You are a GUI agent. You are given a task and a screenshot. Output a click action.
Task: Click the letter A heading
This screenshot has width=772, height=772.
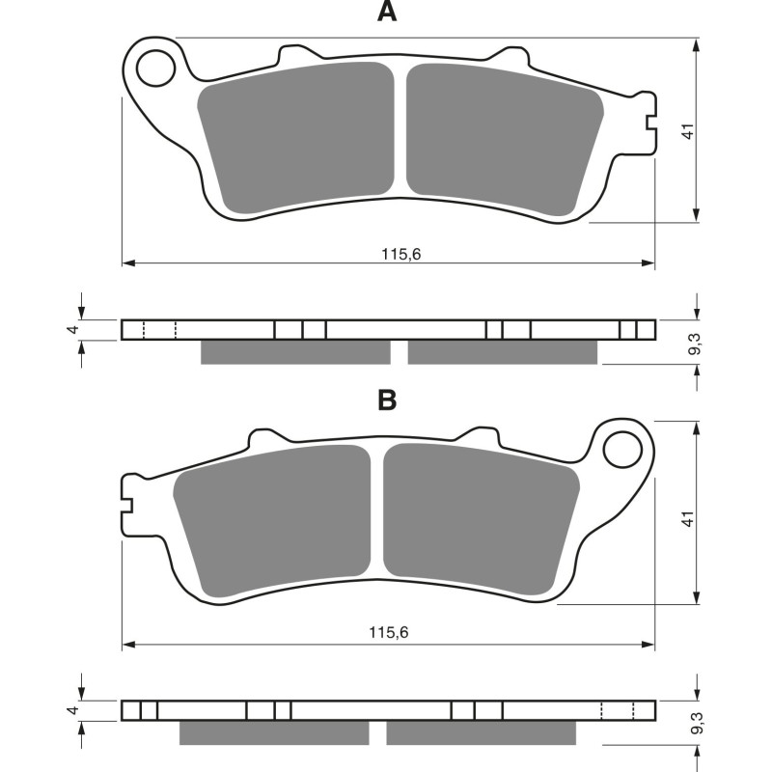tap(386, 13)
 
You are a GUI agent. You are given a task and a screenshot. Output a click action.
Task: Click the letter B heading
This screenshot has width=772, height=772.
tap(386, 400)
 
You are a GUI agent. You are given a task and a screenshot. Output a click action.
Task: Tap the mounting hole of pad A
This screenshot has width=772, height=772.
tap(152, 69)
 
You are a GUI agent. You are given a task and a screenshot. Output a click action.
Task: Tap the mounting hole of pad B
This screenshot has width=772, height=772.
tap(622, 448)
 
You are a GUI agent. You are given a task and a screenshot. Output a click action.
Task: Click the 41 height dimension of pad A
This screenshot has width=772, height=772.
tap(686, 130)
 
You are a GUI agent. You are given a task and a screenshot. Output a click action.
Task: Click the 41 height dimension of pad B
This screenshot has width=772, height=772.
tap(686, 519)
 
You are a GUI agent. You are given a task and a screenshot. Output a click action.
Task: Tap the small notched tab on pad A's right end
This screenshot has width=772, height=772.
tap(648, 121)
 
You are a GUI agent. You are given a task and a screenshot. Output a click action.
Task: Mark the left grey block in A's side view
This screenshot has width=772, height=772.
tap(295, 352)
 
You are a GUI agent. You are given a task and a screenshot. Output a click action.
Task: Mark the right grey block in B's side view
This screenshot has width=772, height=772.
tap(481, 733)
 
